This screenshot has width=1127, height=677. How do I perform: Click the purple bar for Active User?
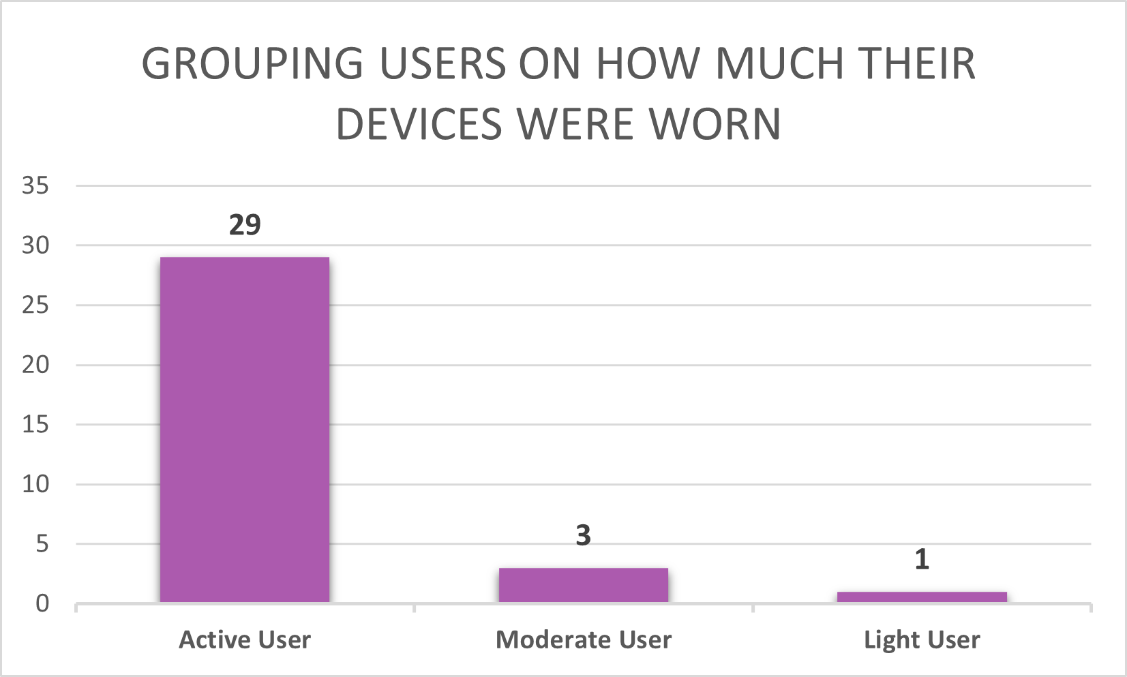[x=245, y=430]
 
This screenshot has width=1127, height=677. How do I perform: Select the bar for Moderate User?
[x=584, y=585]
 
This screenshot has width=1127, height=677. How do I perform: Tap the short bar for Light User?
[x=922, y=597]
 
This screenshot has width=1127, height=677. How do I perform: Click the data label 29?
[x=245, y=225]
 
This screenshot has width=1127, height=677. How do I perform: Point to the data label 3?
[x=583, y=536]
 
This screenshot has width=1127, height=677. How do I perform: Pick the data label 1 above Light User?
[x=922, y=560]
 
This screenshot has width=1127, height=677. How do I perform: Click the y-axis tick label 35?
[x=35, y=185]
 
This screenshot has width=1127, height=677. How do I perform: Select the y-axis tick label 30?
[x=35, y=245]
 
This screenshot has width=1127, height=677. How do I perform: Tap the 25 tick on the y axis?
[x=35, y=305]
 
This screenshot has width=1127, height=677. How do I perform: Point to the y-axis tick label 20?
[x=35, y=365]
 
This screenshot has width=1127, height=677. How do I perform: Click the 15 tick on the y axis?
[x=35, y=425]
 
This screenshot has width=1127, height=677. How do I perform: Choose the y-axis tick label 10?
[x=35, y=484]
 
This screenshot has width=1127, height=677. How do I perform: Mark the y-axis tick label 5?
[x=42, y=544]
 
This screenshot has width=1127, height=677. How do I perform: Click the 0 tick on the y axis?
[x=42, y=603]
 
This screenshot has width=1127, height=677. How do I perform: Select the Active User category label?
[x=245, y=640]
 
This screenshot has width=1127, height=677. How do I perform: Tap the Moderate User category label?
[x=584, y=640]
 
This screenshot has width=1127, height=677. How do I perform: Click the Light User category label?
[x=922, y=640]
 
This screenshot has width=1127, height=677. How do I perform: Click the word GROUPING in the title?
[x=253, y=64]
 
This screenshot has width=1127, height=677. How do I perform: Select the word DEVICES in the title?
[x=419, y=125]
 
